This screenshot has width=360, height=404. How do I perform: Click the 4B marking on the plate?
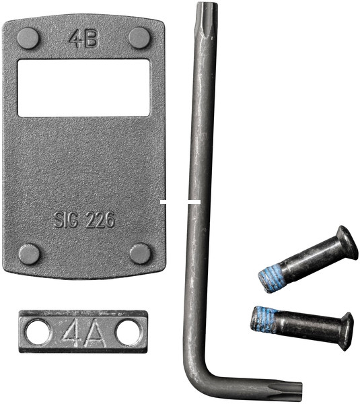[83, 39]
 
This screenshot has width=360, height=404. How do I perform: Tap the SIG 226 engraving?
[84, 220]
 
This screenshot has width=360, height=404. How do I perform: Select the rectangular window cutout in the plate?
[83, 88]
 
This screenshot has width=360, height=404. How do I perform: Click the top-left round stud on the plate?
[28, 38]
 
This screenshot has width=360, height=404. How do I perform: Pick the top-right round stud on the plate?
[139, 38]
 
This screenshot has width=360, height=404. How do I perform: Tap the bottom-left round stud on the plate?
[29, 254]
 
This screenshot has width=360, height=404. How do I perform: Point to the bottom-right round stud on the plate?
[140, 253]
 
